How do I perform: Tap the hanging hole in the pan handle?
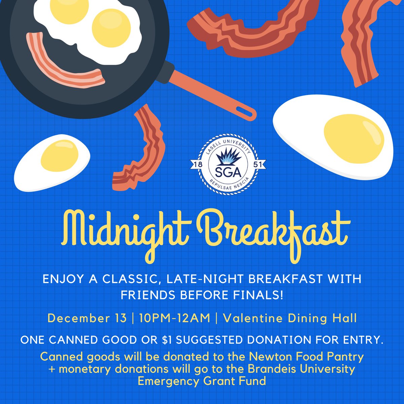[245, 112]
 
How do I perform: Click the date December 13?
[87, 317]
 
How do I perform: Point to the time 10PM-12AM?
[173, 317]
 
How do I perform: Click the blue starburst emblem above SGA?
[228, 157]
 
